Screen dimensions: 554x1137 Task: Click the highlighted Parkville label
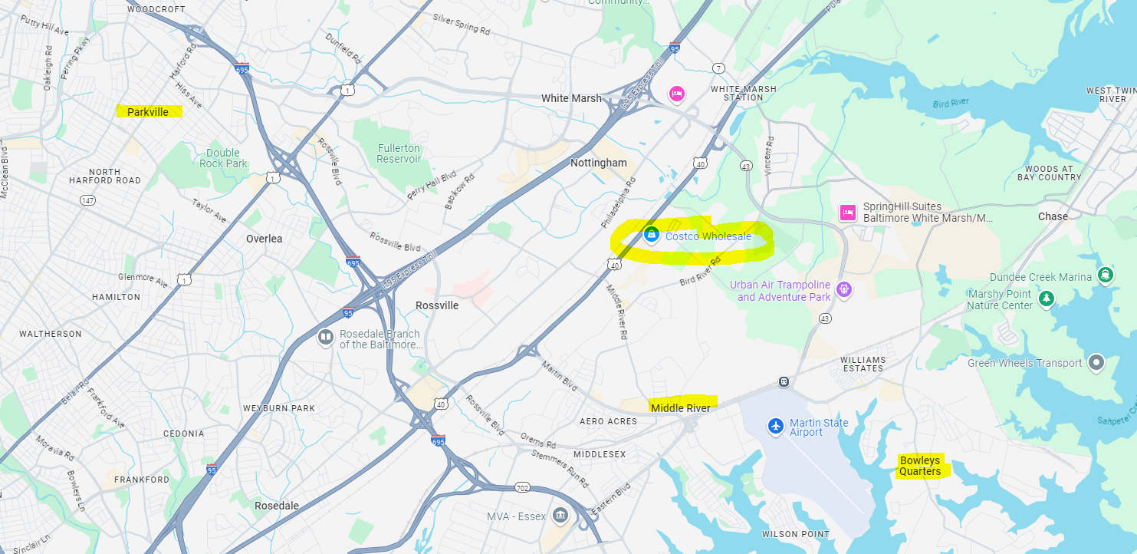click(x=148, y=112)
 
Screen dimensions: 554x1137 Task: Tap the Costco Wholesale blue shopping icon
click(x=651, y=235)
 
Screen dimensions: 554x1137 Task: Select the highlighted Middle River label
click(x=681, y=408)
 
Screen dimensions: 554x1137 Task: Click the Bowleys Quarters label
click(x=920, y=466)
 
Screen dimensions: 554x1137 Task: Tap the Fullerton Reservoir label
click(x=399, y=153)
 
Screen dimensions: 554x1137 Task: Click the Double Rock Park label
click(x=223, y=158)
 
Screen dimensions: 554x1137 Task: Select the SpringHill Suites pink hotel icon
click(x=847, y=213)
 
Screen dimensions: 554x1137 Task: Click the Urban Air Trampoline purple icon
click(x=844, y=290)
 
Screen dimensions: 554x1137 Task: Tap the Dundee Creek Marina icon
click(x=1105, y=275)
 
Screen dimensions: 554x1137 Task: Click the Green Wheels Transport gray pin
click(x=1096, y=362)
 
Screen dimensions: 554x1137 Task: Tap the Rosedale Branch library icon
click(x=326, y=338)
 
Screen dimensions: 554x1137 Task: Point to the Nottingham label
click(x=598, y=163)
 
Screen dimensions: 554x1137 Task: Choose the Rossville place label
click(x=437, y=305)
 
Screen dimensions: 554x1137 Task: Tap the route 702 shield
click(x=523, y=487)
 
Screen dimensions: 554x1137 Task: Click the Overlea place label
click(x=264, y=239)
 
